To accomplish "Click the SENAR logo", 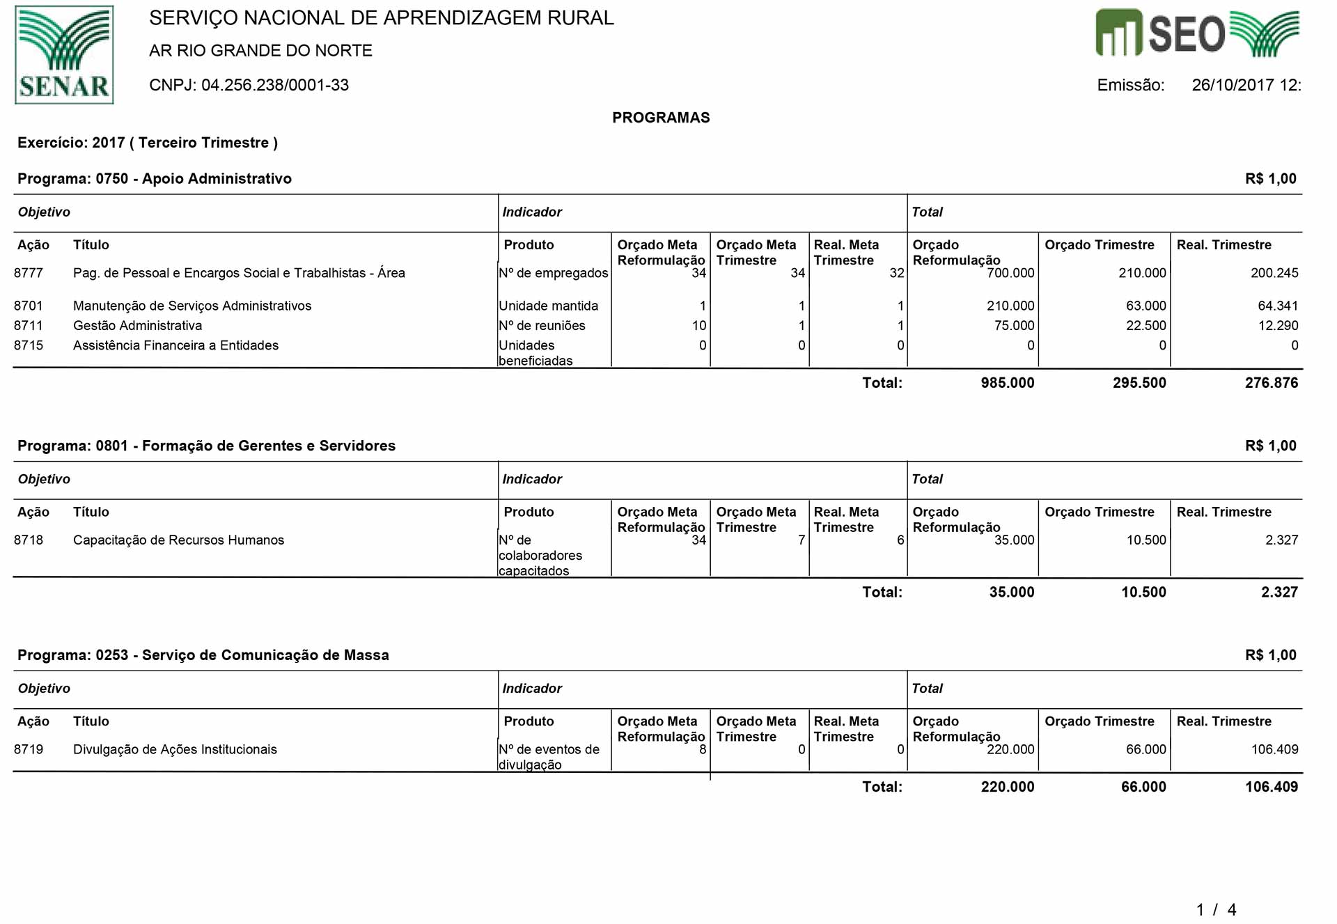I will tap(64, 55).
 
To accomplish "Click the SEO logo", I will tap(1196, 33).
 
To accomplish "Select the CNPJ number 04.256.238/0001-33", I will tap(275, 85).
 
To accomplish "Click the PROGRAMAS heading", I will tap(661, 118).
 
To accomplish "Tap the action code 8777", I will tap(29, 273).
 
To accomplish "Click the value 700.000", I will tap(1010, 273).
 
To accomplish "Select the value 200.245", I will tap(1274, 273).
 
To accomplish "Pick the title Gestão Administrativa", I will tap(137, 325).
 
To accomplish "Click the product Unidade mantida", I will tap(549, 306).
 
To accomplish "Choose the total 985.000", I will tap(1008, 382).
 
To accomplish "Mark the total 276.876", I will tap(1272, 382).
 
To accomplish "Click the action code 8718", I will tap(29, 540).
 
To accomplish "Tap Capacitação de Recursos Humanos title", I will tap(178, 540).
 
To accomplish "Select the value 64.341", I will tap(1278, 306).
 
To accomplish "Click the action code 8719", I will tap(29, 749).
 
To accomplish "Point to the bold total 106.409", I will tap(1272, 787).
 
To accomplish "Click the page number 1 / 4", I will tap(1216, 909).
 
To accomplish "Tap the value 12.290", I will tap(1278, 325).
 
